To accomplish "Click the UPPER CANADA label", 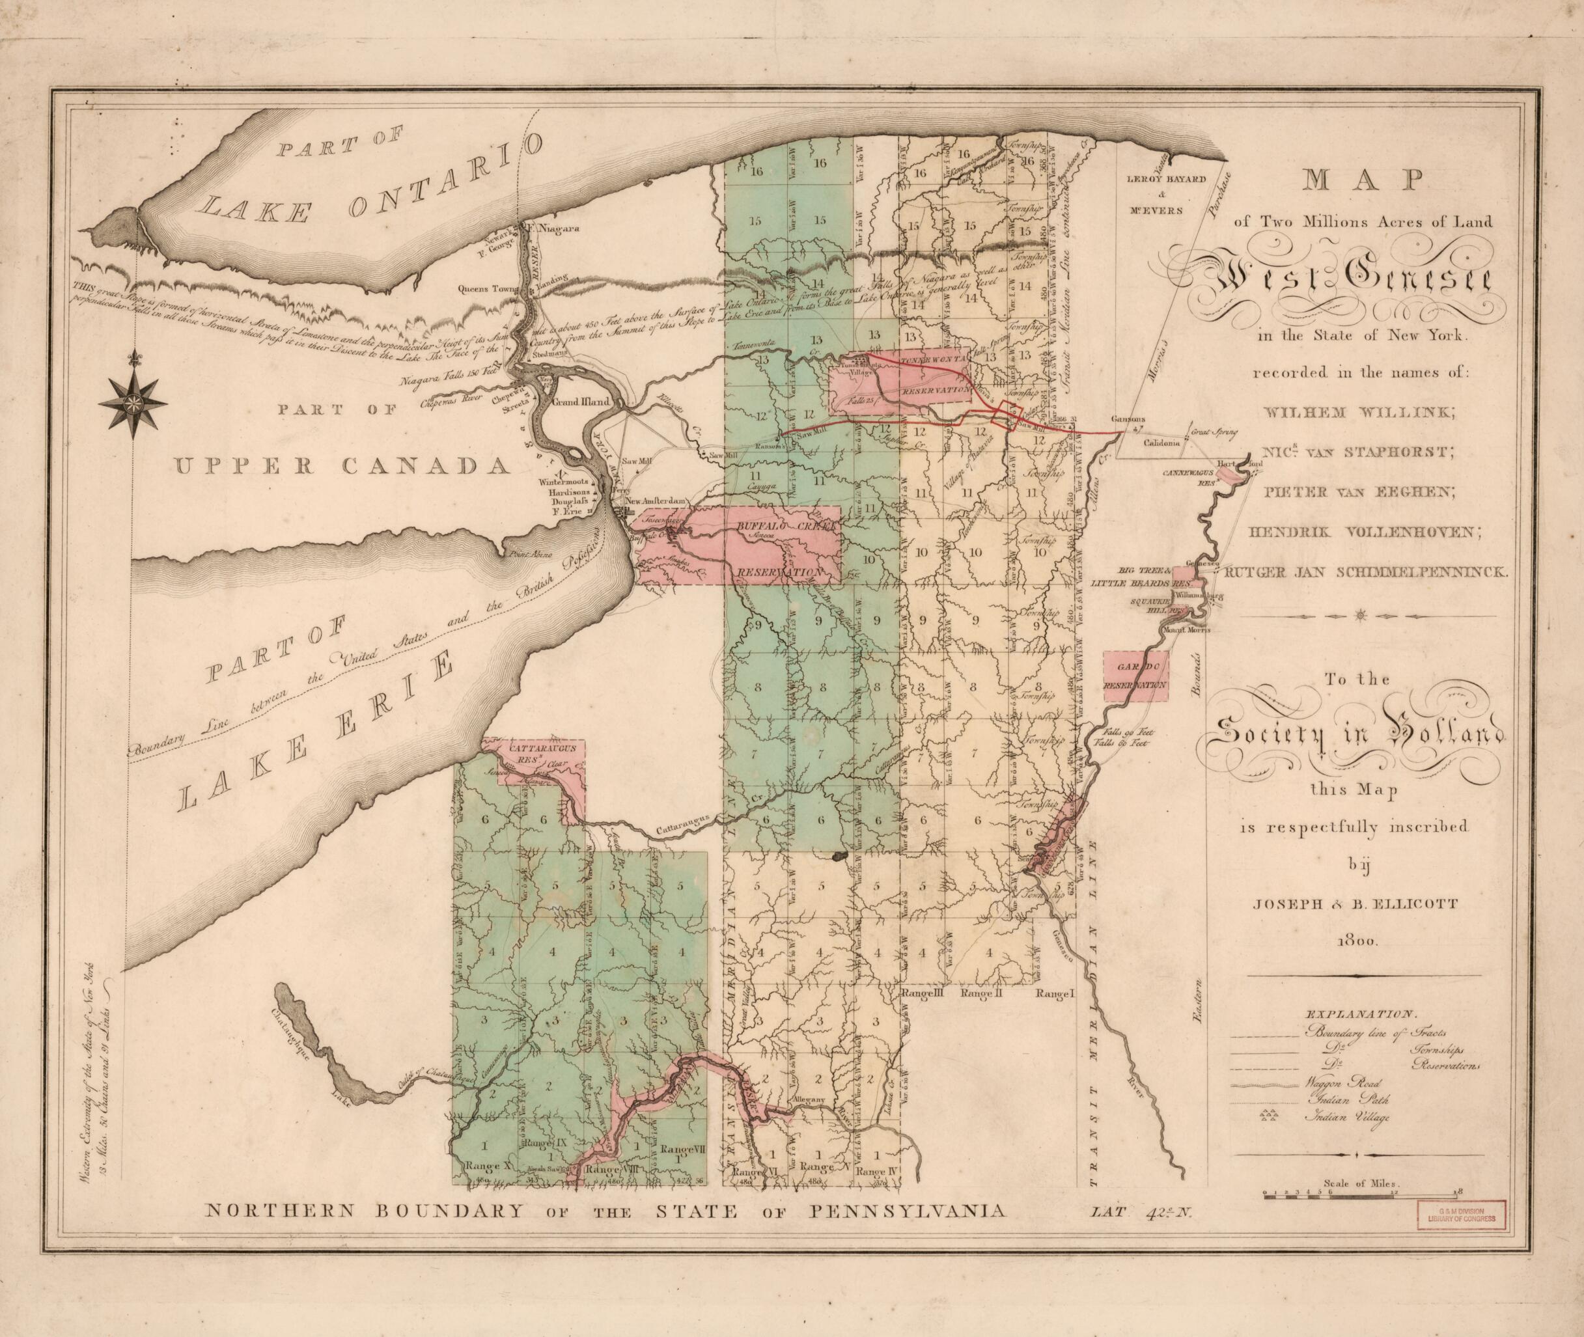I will coord(343,465).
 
